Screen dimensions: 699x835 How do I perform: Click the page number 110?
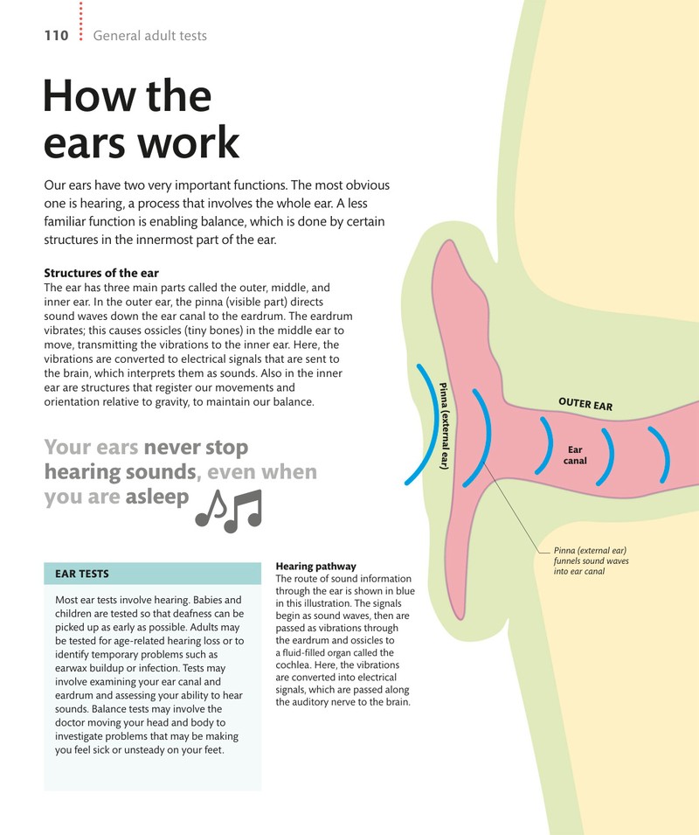(57, 36)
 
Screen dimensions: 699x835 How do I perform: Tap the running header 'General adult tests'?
(150, 36)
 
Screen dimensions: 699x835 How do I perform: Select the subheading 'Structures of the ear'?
(101, 273)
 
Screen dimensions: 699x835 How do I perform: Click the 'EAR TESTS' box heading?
(82, 574)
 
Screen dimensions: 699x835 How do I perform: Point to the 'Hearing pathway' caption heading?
(316, 566)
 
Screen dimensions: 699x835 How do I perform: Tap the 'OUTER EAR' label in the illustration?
(585, 404)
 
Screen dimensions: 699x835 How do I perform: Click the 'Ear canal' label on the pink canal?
(575, 456)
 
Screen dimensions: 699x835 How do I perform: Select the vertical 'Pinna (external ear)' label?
(444, 426)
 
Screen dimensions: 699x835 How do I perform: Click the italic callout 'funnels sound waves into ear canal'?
(591, 566)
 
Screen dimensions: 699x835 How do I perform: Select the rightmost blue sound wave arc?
(663, 455)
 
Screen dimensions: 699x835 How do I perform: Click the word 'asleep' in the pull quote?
(157, 497)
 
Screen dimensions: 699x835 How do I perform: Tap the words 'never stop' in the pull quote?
(196, 448)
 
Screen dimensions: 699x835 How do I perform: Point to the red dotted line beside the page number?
(81, 20)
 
